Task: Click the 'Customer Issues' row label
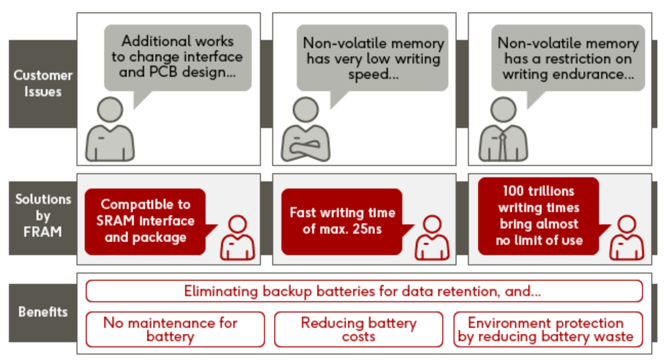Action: pos(42,83)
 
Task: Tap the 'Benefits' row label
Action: pos(42,312)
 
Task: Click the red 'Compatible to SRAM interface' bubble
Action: pos(145,221)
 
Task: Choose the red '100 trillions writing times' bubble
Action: pos(538,216)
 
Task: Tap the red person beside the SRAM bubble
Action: pos(237,238)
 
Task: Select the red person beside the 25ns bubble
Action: pos(432,238)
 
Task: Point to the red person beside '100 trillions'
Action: pos(626,238)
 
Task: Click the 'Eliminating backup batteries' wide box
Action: pos(363,291)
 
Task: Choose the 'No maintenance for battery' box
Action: pos(175,329)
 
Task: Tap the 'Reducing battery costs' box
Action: pos(359,329)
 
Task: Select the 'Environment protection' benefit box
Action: pos(548,329)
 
